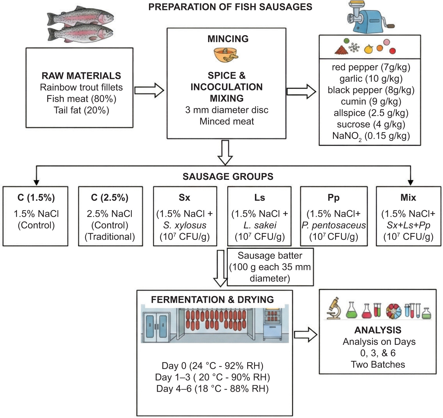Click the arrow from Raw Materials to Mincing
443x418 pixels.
tap(149, 90)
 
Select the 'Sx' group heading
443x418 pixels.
tap(184, 198)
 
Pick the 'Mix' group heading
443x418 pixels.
tap(408, 198)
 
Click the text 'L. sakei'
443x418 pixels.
tap(260, 225)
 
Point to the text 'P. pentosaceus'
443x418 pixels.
tap(334, 225)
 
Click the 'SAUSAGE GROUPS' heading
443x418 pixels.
tap(228, 176)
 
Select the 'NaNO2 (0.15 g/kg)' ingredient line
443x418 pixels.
tap(371, 136)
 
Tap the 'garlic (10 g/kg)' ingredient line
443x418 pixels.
tap(371, 79)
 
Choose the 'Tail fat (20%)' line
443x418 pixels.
tap(81, 110)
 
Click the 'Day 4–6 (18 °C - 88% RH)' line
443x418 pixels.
tap(212, 389)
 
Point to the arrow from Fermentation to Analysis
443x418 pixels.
tap(306, 335)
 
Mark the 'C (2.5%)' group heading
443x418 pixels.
tap(110, 198)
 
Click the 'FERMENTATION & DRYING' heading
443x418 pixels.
tap(212, 299)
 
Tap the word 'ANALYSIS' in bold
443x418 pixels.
tap(378, 330)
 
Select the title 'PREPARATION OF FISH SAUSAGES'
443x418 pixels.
tap(230, 7)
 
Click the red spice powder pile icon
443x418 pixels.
tap(342, 50)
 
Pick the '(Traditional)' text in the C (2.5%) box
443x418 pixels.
tap(110, 237)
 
